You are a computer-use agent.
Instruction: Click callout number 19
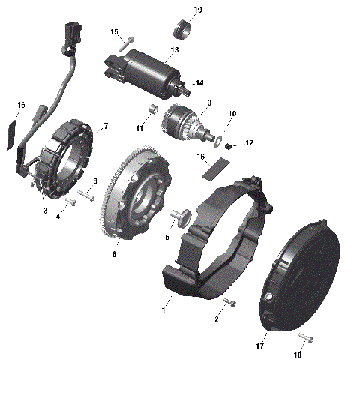click(x=198, y=10)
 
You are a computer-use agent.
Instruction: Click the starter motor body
click(x=150, y=65)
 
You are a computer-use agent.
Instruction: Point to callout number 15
click(x=115, y=32)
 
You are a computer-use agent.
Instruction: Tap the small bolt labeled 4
click(x=70, y=202)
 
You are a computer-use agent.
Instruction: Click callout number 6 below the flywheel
click(x=114, y=255)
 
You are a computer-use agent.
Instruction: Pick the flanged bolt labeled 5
click(x=181, y=217)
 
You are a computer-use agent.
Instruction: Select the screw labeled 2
click(x=229, y=303)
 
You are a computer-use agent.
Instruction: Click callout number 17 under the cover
click(x=260, y=346)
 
